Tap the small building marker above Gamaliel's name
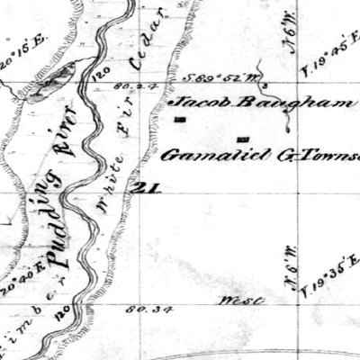pos(243,139)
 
